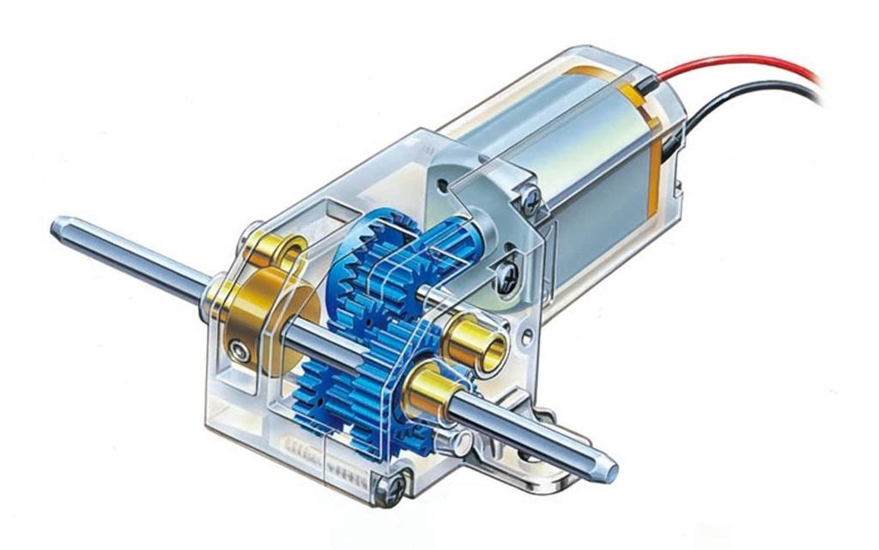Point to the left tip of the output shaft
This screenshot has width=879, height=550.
[x=58, y=227]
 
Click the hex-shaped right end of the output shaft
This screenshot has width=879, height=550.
[x=608, y=468]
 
